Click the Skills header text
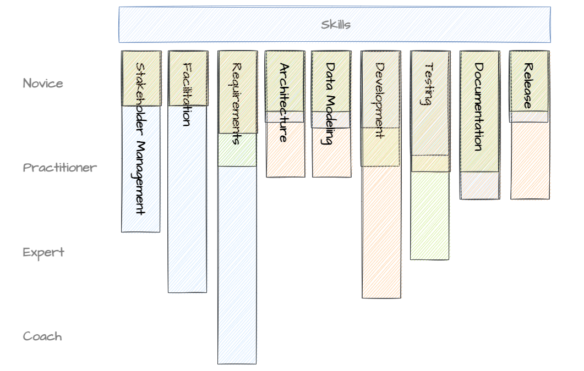[x=336, y=25]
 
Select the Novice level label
[x=43, y=84]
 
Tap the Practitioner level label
[x=59, y=168]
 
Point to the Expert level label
[x=43, y=252]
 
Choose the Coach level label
[x=42, y=336]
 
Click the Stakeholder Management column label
[x=140, y=137]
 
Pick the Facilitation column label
[x=187, y=93]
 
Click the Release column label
[x=528, y=86]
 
